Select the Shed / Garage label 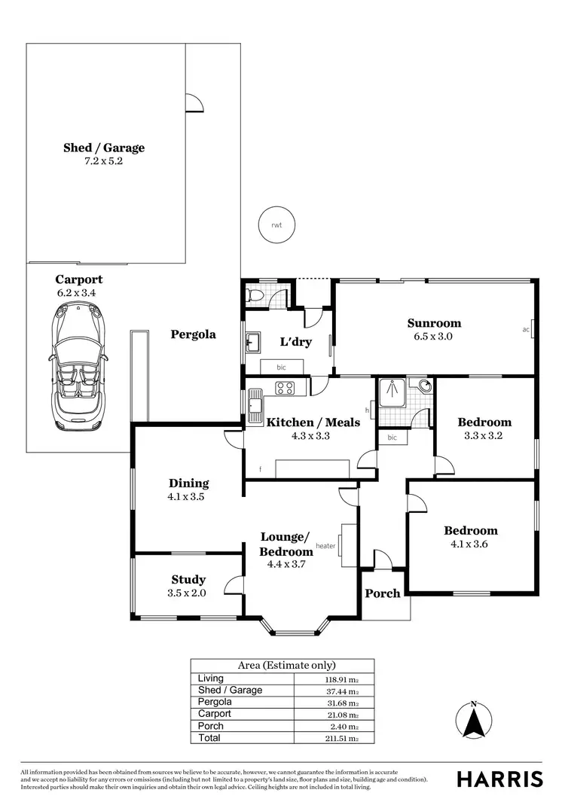pos(103,148)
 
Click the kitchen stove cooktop pos(286,389)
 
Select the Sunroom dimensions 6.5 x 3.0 pos(434,337)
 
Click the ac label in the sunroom pos(525,329)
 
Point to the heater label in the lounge pos(326,546)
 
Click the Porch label pos(383,593)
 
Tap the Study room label pos(188,580)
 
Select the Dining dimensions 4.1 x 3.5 pos(188,497)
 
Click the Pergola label pos(193,334)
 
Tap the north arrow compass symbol pos(473,721)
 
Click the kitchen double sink pos(255,400)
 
